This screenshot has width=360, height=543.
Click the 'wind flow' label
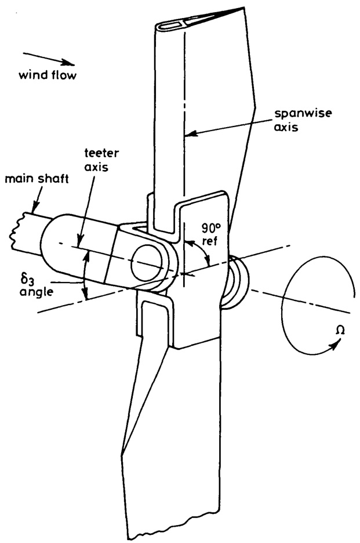coord(48,74)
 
